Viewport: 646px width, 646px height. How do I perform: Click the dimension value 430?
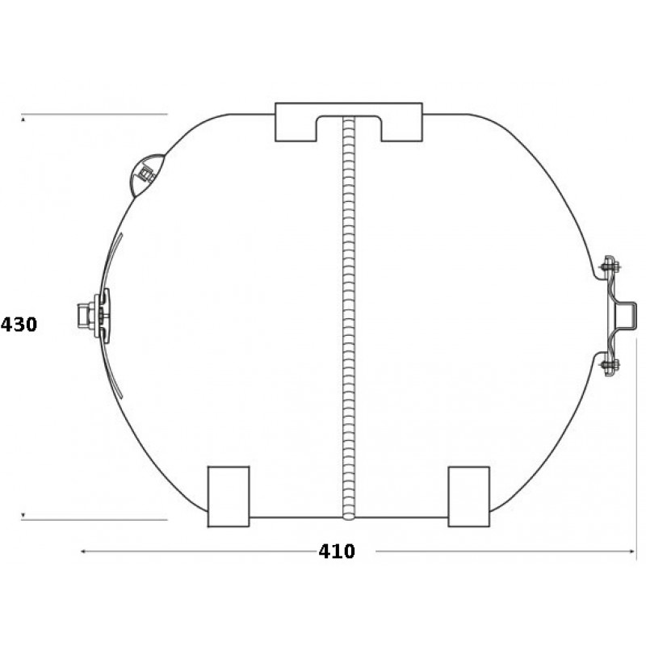pyautogui.click(x=19, y=325)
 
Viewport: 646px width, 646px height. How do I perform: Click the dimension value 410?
pyautogui.click(x=337, y=552)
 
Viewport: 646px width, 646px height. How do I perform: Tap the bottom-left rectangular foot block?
pyautogui.click(x=229, y=497)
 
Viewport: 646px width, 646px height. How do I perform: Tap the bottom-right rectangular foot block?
pyautogui.click(x=469, y=497)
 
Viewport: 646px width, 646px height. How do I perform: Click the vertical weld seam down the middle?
pyautogui.click(x=349, y=317)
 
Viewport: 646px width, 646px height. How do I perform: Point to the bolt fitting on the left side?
pyautogui.click(x=94, y=316)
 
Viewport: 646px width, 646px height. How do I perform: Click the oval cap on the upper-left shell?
pyautogui.click(x=147, y=175)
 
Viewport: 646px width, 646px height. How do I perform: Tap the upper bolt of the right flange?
pyautogui.click(x=610, y=268)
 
